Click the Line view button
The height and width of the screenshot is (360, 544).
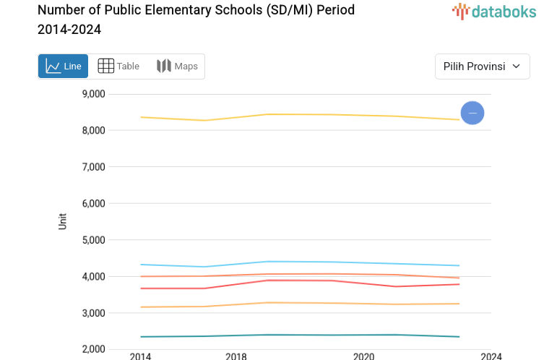click(63, 67)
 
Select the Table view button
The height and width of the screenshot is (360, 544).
click(118, 67)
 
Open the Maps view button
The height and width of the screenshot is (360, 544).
click(177, 67)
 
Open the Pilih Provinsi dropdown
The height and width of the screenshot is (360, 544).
click(482, 67)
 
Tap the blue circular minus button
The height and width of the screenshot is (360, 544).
click(472, 113)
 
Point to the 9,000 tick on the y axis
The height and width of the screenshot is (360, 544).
click(94, 94)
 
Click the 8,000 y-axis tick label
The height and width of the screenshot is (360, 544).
click(94, 130)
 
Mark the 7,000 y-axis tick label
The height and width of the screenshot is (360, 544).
click(94, 167)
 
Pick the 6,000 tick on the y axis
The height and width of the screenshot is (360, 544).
click(94, 204)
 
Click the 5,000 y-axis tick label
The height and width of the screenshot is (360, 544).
click(94, 240)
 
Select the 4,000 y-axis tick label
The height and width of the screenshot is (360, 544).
click(94, 277)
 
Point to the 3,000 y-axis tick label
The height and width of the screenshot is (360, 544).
click(94, 313)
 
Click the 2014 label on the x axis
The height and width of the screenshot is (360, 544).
click(140, 356)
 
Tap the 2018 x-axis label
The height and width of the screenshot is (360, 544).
click(236, 356)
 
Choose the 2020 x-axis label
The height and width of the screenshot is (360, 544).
click(363, 356)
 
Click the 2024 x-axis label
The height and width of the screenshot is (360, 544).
click(491, 356)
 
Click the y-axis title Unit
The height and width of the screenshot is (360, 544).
click(63, 221)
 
